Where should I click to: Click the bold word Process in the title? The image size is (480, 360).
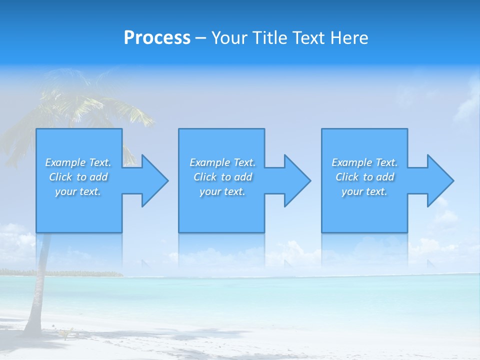[x=157, y=38]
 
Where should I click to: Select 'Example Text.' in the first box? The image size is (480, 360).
[x=78, y=162]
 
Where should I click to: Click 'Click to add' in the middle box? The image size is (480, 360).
[x=222, y=177]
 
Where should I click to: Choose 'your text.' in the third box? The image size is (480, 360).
[x=364, y=191]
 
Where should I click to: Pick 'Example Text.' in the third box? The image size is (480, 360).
[x=364, y=162]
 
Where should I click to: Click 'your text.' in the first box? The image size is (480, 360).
[x=78, y=191]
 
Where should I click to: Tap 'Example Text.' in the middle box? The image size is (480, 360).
[x=222, y=162]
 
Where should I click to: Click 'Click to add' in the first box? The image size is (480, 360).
[x=78, y=177]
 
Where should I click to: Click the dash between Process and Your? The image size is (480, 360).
[x=200, y=38]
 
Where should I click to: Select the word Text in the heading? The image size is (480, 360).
[x=307, y=38]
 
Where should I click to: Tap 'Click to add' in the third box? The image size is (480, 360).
[x=364, y=177]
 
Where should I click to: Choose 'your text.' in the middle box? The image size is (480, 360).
[x=222, y=191]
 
